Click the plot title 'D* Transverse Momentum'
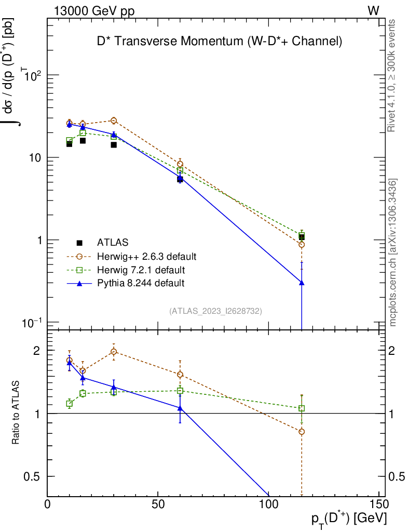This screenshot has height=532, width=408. [x=220, y=42]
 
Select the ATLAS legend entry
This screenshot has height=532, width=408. [x=113, y=242]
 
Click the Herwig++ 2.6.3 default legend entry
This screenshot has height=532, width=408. [x=146, y=256]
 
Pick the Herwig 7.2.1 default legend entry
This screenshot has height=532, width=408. [x=141, y=270]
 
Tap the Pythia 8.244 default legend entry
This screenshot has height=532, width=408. [x=141, y=283]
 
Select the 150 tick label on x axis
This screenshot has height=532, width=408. [x=379, y=504]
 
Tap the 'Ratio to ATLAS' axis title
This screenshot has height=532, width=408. [x=17, y=413]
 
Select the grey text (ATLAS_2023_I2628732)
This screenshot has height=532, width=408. [x=215, y=311]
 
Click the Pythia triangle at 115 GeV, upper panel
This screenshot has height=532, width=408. [x=302, y=283]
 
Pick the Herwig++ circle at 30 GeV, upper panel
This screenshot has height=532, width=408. [x=114, y=121]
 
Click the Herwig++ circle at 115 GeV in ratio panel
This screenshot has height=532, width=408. [x=302, y=431]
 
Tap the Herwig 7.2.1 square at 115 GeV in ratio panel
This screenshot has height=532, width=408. [x=302, y=408]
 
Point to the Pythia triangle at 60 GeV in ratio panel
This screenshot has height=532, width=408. [x=180, y=408]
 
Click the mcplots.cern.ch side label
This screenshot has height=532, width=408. [x=393, y=252]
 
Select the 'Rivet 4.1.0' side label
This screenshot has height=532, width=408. [x=393, y=75]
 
